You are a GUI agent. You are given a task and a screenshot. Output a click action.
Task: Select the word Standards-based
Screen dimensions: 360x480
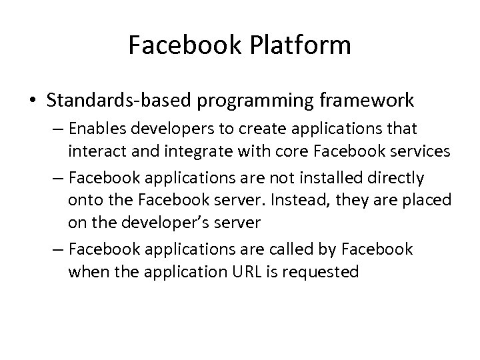pyautogui.click(x=111, y=100)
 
